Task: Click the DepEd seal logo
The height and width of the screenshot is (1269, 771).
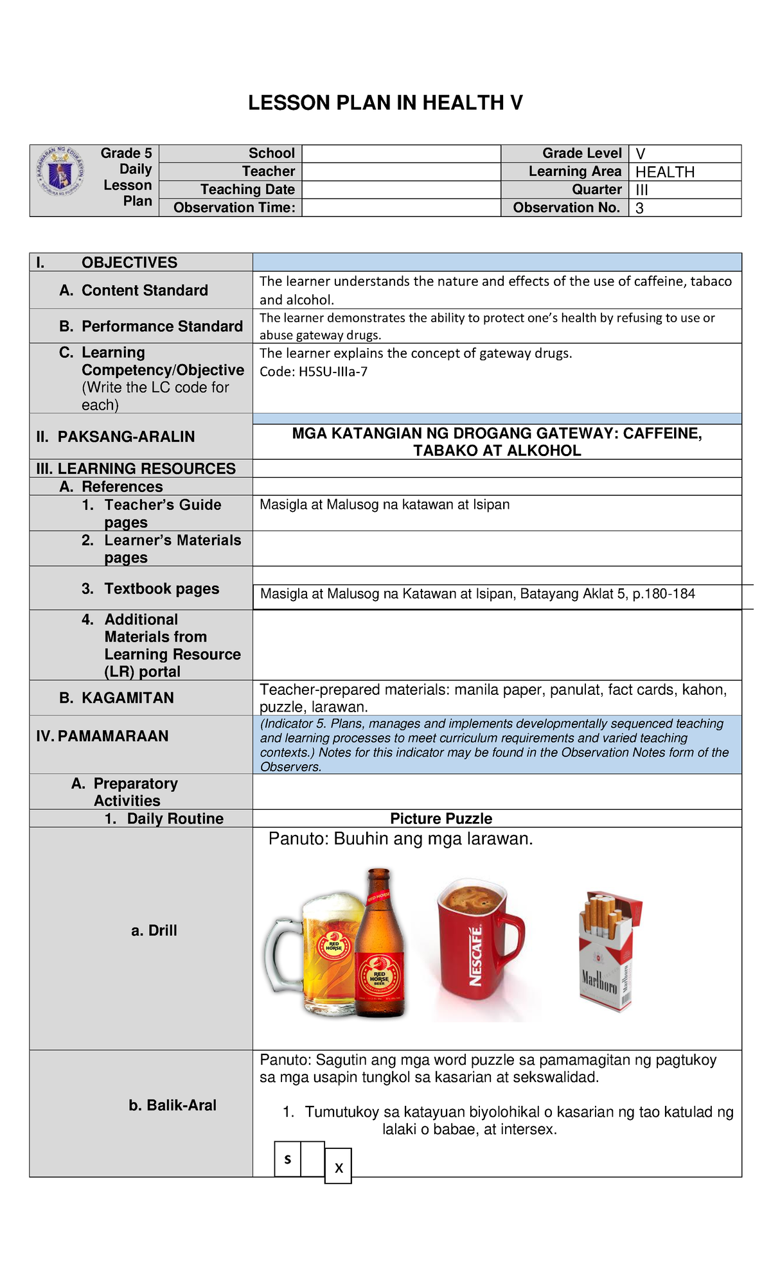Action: click(x=62, y=172)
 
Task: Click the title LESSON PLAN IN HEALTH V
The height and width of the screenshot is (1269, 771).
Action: click(x=385, y=103)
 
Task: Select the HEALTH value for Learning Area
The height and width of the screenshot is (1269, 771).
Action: click(x=665, y=172)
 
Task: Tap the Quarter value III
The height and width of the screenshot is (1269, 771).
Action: click(x=642, y=190)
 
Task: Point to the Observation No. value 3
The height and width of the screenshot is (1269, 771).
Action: click(x=639, y=208)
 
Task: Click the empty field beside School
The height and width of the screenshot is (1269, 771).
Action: click(x=401, y=154)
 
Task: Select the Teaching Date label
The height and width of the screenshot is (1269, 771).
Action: click(x=247, y=189)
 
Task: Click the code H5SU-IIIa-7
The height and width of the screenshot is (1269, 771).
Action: click(x=333, y=372)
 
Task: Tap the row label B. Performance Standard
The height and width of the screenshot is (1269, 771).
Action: click(x=151, y=326)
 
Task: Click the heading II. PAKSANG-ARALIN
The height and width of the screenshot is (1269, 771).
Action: click(x=116, y=437)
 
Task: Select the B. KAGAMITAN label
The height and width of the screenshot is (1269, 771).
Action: click(x=117, y=698)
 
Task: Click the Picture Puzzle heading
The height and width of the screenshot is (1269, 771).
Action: click(x=441, y=819)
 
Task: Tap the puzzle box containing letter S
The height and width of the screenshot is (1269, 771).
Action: click(x=287, y=1159)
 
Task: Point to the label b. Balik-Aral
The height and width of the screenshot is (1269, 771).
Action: click(x=172, y=1105)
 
